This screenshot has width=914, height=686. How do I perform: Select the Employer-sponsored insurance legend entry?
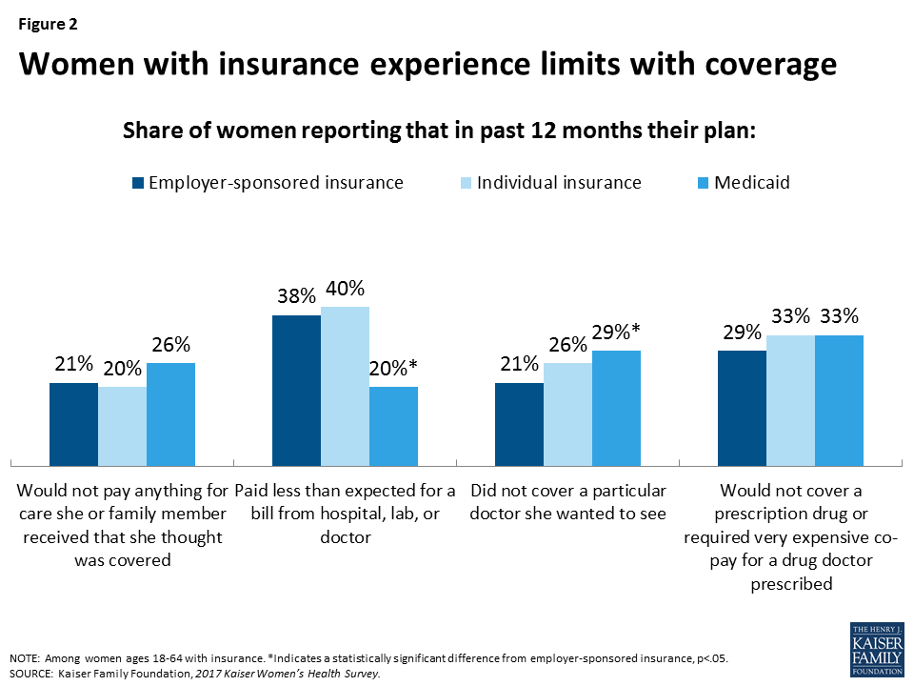point(268,183)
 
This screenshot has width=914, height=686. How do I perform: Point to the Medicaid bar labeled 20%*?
point(393,425)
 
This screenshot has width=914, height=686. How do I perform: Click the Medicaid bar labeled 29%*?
point(616,407)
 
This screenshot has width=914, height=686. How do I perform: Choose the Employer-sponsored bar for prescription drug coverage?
point(742,407)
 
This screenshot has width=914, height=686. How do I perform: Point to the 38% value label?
point(295,297)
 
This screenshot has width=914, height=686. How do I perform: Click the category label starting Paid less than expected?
point(345,514)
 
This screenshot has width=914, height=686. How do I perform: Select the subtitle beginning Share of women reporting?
point(439,131)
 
